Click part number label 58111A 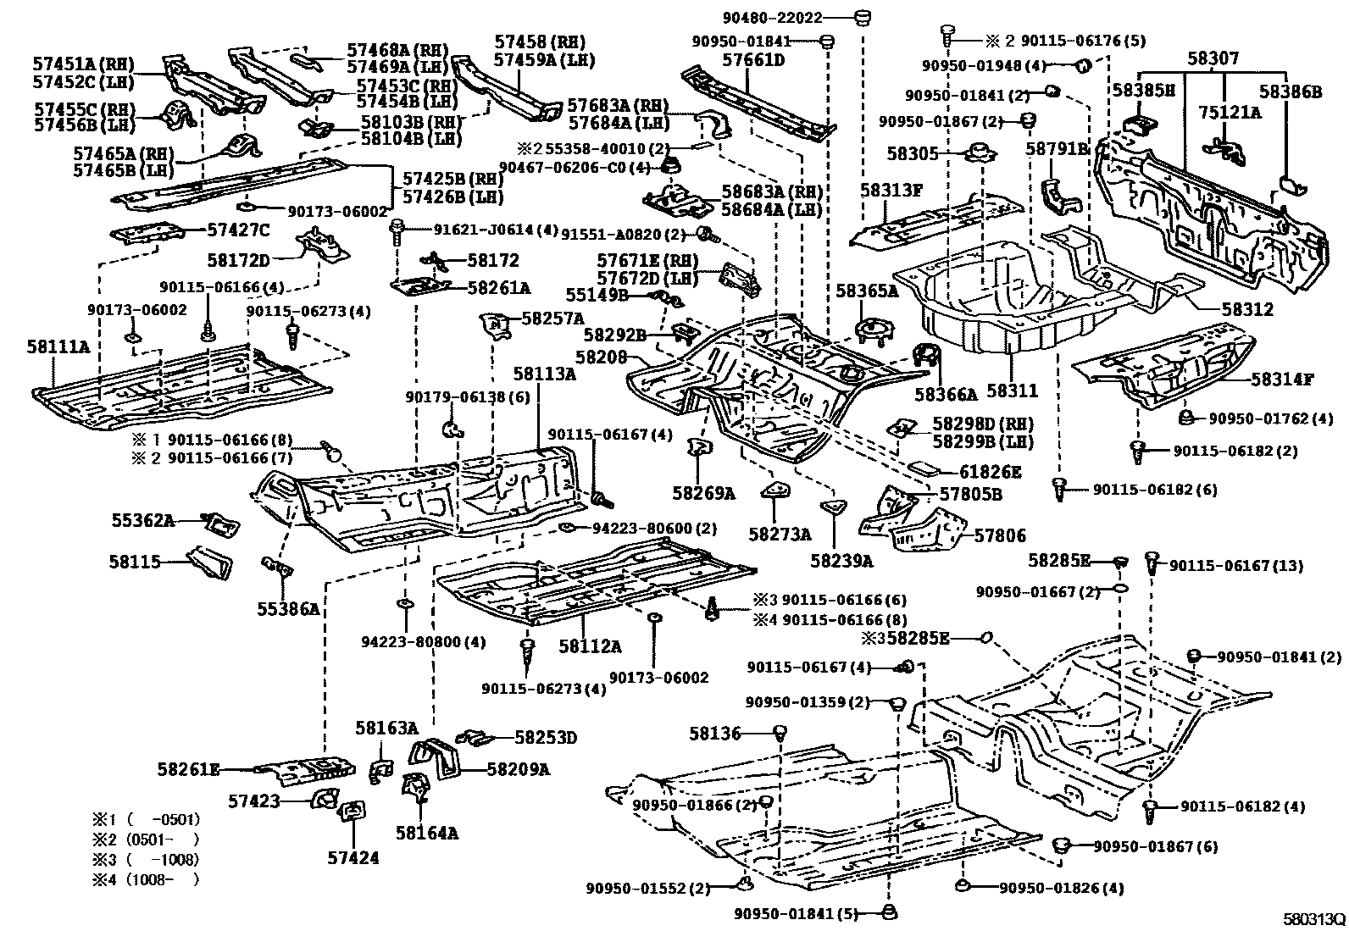coord(58,346)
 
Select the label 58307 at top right coord(1213,58)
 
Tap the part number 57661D coord(752,60)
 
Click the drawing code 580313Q coord(1313,919)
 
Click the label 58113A coord(543,374)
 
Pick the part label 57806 coord(999,535)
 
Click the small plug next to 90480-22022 coord(863,17)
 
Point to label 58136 coord(714,734)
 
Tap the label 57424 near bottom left coord(353,858)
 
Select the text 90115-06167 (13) coord(1235,565)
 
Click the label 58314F coord(1282,379)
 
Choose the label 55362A coord(142,521)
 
